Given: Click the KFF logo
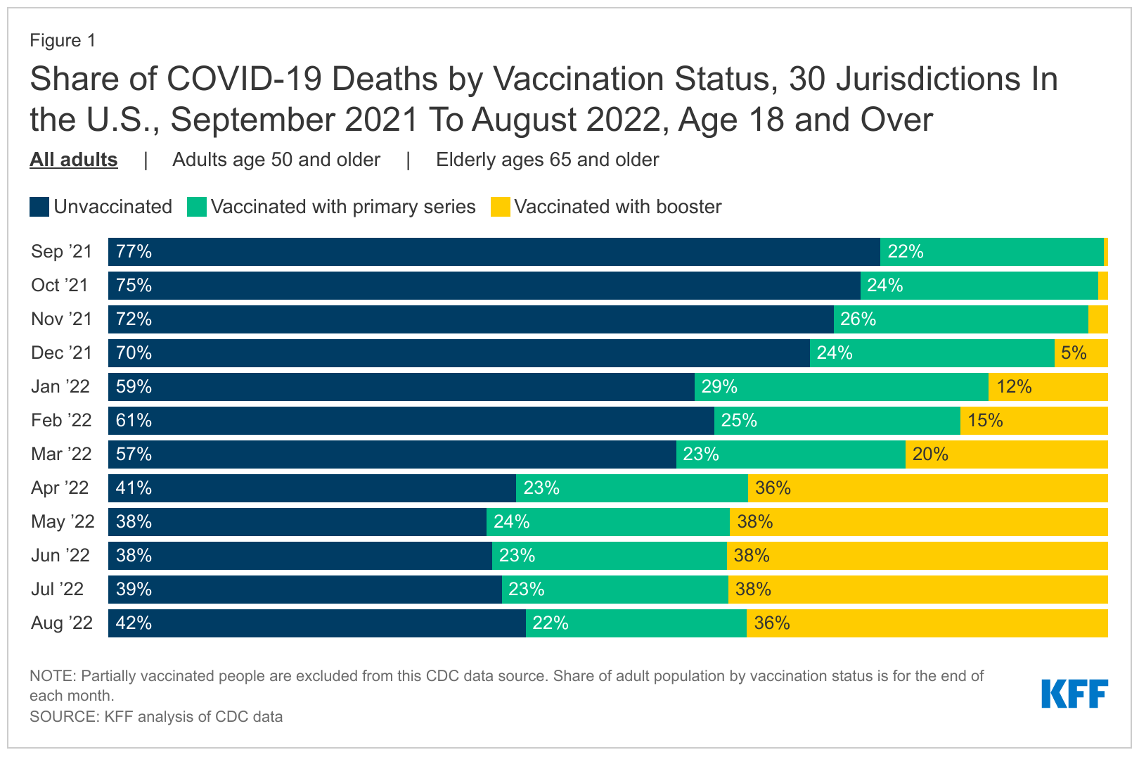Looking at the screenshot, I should [x=1074, y=694].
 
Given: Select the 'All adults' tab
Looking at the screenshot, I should [x=73, y=160].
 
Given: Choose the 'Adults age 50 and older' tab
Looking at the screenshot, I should [x=276, y=160].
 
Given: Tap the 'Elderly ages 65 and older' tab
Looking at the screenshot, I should [x=547, y=160].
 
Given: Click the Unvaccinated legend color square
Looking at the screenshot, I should [x=39, y=207].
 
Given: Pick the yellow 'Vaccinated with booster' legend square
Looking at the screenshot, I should [x=500, y=207].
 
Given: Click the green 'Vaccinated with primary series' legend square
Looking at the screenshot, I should [x=197, y=207].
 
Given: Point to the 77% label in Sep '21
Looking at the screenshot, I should [x=134, y=252].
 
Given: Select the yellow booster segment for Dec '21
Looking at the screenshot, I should [x=1081, y=353].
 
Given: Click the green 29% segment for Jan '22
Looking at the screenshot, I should [x=841, y=387].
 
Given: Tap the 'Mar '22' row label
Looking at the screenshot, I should [x=61, y=454].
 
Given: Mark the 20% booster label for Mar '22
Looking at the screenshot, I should [x=930, y=454].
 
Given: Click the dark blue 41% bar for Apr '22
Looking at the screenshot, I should [x=311, y=488].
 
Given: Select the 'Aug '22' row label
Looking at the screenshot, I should [x=61, y=623].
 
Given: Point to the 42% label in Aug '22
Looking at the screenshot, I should [x=134, y=623].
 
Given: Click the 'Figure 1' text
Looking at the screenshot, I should [x=62, y=41].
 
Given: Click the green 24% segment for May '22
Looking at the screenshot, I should [x=607, y=522].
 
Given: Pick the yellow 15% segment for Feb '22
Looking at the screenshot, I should [x=1034, y=421].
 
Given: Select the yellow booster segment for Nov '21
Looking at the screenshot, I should [x=1098, y=319].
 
